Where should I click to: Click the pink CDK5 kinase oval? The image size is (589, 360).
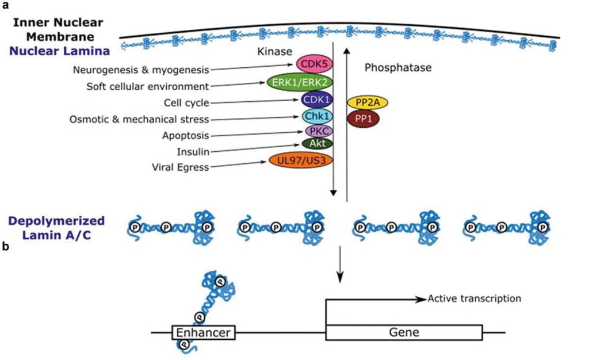tap(311, 64)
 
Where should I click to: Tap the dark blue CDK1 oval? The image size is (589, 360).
tap(317, 100)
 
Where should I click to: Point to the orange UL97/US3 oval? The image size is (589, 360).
tap(301, 160)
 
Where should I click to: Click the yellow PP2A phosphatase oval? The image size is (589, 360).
tap(368, 103)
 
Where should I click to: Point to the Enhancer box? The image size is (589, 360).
tap(203, 332)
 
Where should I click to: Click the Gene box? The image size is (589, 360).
tap(404, 332)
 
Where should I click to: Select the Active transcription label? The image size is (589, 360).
tap(474, 298)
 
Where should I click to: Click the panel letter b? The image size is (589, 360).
tap(5, 246)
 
